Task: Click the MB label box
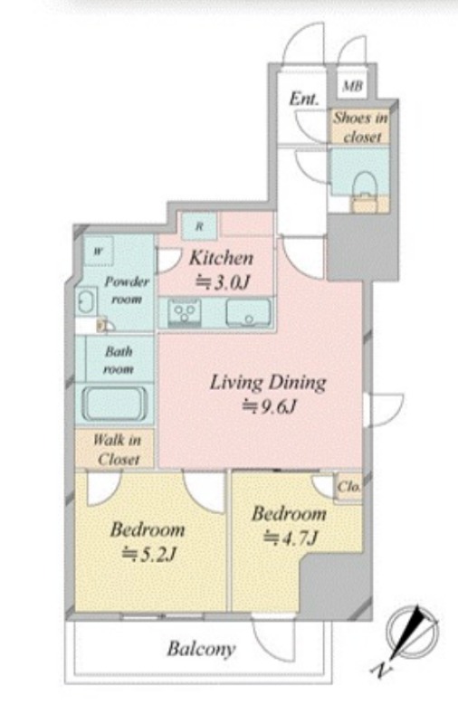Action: pos(353,85)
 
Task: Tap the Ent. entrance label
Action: pos(304,100)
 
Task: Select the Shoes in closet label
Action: pos(360,127)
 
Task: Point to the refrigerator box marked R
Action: pos(199,226)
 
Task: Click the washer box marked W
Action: pos(99,252)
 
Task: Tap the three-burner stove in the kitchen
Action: pos(185,312)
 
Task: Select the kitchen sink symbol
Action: pos(248,312)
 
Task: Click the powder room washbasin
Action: pos(86,302)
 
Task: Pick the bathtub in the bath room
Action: pos(114,404)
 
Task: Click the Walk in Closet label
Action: pos(118,449)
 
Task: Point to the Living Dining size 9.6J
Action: pos(269,406)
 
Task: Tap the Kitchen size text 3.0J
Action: pos(223,281)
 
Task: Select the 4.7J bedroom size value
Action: pos(290,538)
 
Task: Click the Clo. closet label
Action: pos(348,487)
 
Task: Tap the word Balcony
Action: pos(201,649)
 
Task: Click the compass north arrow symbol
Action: pos(413,632)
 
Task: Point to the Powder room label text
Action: pos(127,290)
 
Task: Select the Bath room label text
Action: pos(119,360)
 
